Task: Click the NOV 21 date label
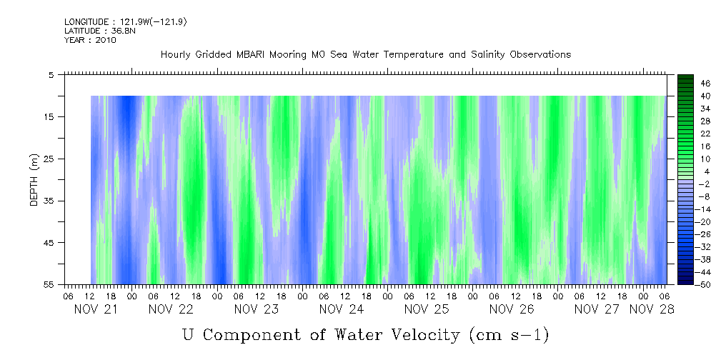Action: pyautogui.click(x=97, y=309)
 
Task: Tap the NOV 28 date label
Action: pyautogui.click(x=652, y=309)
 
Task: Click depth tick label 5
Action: pyautogui.click(x=51, y=74)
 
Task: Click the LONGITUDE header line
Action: pyautogui.click(x=125, y=22)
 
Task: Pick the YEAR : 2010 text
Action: pyautogui.click(x=90, y=40)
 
